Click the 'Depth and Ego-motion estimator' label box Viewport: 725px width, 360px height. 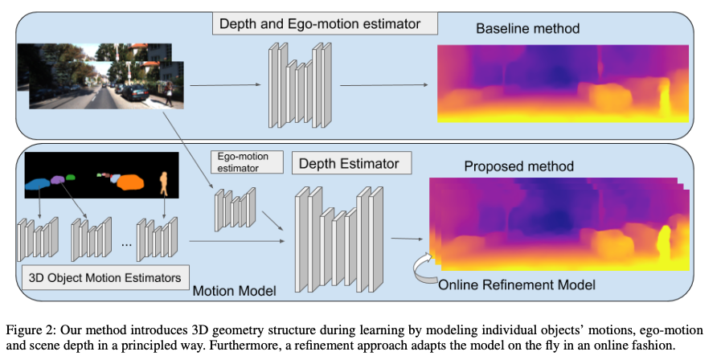click(x=325, y=23)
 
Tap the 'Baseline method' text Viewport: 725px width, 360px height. click(x=527, y=30)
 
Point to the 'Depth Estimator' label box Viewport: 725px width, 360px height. click(x=349, y=164)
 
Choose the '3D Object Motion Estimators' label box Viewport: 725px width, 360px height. click(x=105, y=278)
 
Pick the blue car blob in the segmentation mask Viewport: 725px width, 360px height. click(x=37, y=185)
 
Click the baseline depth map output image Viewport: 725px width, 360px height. click(x=563, y=84)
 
